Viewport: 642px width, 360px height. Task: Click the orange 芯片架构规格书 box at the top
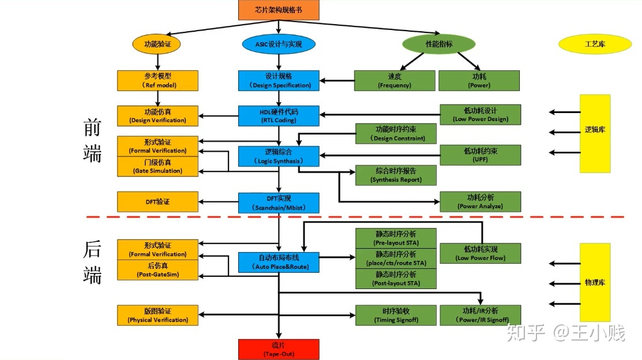coord(279,10)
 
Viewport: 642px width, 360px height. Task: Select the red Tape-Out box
coord(279,349)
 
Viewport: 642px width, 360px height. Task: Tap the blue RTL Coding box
coord(279,115)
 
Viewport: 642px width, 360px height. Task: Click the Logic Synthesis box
coord(279,156)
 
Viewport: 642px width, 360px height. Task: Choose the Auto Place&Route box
coord(279,262)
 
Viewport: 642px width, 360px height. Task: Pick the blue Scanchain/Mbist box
coord(279,202)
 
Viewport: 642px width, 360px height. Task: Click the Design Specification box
coord(279,80)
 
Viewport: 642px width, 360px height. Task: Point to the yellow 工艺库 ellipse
coord(595,44)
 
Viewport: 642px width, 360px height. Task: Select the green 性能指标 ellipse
coord(438,44)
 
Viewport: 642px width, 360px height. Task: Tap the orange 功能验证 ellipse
coord(157,44)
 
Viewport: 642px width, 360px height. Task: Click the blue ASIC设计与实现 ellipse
coord(279,44)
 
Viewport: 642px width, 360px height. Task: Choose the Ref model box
coord(157,80)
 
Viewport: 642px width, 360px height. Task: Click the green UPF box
coord(480,155)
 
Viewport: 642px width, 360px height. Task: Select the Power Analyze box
coord(480,201)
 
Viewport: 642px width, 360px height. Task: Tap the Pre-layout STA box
coord(396,238)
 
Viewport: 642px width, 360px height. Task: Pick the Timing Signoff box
coord(396,315)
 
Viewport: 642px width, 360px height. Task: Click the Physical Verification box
coord(157,315)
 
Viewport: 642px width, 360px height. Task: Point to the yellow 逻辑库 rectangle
coord(595,133)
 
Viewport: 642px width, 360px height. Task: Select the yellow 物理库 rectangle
coord(595,282)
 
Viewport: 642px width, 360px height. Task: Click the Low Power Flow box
coord(480,253)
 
